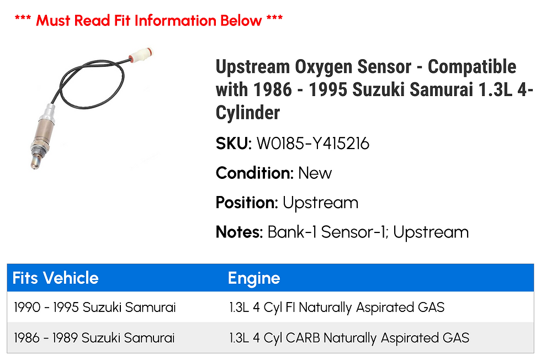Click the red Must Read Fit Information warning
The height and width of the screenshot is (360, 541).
coord(148,21)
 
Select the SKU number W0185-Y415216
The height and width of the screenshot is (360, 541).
coord(312,144)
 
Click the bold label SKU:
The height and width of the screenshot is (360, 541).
coord(234,144)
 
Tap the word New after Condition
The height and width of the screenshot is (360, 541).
coord(315,173)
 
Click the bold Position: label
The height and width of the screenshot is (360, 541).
coord(247,203)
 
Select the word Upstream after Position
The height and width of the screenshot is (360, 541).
coord(320,203)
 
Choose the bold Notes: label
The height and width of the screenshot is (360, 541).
coord(239,232)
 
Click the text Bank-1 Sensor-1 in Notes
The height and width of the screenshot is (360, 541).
coord(326,232)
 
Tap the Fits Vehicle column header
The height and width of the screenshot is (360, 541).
coord(55,278)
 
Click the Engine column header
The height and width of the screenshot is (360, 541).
coord(254,278)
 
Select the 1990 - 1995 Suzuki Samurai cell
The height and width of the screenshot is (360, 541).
coord(95,308)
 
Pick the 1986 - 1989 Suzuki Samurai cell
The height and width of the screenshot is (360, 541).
coord(95,337)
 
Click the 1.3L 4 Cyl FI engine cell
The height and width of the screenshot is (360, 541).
coord(336,308)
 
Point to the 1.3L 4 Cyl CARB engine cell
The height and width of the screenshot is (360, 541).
coord(349,337)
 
